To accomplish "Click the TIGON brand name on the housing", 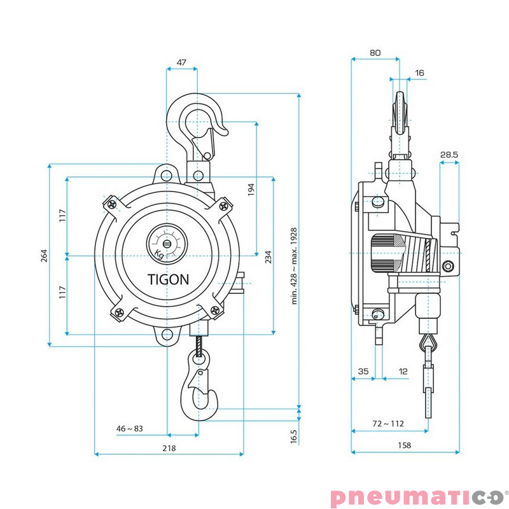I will [x=168, y=279].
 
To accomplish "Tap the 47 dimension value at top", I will [x=181, y=62].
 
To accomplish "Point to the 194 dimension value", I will [x=251, y=189].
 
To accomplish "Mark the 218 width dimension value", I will [x=169, y=448].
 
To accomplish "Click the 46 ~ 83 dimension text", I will [x=129, y=429].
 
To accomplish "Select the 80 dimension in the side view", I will [x=375, y=53].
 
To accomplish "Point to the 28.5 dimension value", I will [x=449, y=155].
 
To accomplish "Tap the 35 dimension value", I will [x=363, y=371].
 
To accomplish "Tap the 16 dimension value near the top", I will [x=419, y=73].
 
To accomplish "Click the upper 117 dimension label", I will [x=62, y=216].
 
